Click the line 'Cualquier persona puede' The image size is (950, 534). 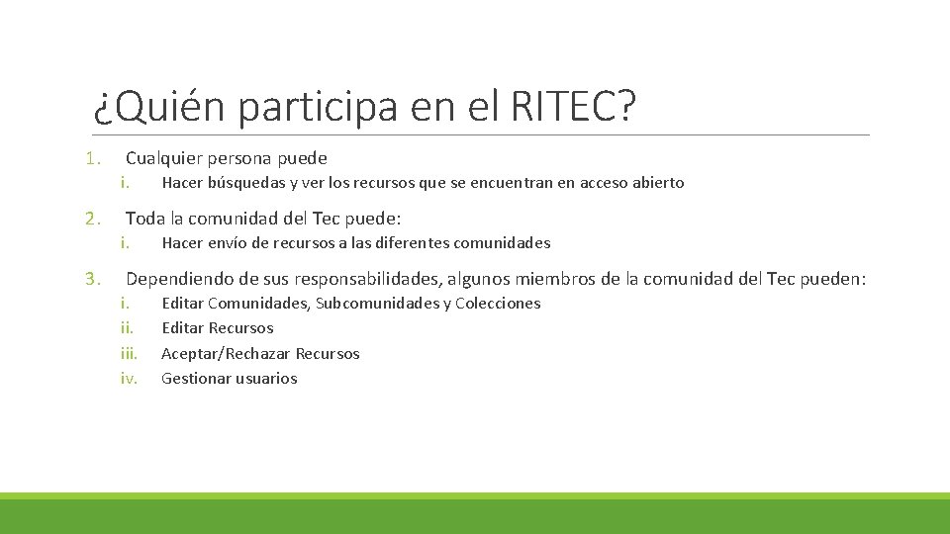[226, 158]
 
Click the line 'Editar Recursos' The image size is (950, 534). [217, 328]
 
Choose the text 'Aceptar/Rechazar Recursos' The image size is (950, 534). [260, 354]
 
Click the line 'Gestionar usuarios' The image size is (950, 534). [229, 379]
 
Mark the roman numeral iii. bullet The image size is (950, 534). [129, 354]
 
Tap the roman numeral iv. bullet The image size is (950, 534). [129, 379]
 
